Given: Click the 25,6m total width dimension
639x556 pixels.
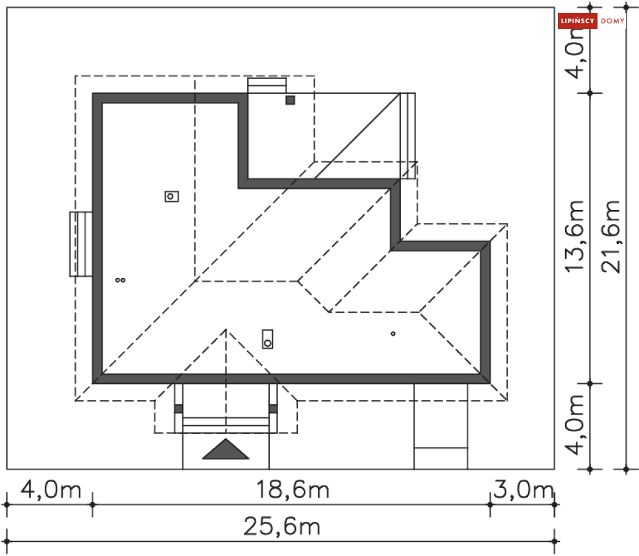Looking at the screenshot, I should pos(281,528).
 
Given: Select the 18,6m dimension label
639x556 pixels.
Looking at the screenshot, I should pos(293,491).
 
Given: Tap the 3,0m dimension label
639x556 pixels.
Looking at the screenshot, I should pos(523,491).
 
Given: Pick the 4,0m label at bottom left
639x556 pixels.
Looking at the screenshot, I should pos(51,491).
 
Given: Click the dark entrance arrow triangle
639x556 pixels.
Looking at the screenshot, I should pos(225,450).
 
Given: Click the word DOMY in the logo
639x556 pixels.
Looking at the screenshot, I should pos(613,22).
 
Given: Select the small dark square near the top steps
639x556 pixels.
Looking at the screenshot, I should pos(290,100).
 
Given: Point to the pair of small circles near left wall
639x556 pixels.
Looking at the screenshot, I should pos(120,280).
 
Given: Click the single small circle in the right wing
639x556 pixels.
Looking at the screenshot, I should pos(393,333).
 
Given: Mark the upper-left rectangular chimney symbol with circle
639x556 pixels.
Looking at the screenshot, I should pos(171,196).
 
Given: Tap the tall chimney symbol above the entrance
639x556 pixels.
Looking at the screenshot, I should pos(268,338).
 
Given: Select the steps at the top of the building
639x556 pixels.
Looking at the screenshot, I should pos(267,85).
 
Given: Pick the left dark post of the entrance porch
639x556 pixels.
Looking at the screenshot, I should pos(179,408).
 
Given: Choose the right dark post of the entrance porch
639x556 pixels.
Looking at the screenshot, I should pos(273,408).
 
